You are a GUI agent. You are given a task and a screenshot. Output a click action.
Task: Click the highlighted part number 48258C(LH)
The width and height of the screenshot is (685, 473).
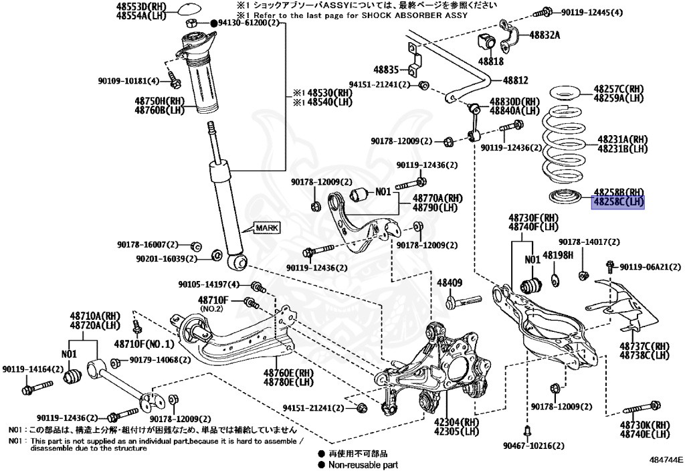coord(617,201)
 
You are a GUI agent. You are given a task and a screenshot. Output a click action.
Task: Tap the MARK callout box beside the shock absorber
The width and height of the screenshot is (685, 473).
coord(266,228)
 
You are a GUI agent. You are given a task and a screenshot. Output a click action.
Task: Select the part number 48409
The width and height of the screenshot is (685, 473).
coord(450,283)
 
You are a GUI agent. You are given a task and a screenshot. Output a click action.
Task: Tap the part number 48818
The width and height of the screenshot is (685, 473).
coord(490,61)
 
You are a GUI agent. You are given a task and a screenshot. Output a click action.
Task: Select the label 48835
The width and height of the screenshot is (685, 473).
coord(386,69)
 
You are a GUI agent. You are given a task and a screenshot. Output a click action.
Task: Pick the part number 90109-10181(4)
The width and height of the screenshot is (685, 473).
coord(128,81)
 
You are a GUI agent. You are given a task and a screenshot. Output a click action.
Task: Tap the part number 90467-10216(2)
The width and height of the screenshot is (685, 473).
coord(529,445)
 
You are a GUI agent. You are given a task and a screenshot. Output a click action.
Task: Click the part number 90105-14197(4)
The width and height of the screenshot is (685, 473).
coord(209,284)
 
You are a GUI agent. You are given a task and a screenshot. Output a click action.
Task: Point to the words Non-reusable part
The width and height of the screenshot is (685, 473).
coord(363,464)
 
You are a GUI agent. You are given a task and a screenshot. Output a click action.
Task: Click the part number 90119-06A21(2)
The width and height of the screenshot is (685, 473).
coord(646,267)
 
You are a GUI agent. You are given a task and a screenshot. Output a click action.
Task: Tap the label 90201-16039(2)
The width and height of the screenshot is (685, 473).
coord(167,258)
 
